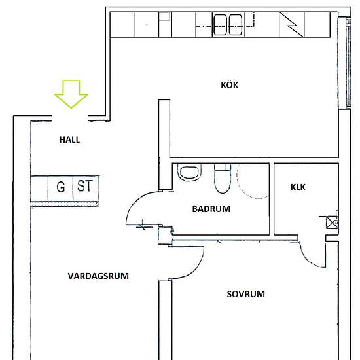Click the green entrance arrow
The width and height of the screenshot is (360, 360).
tap(71, 93)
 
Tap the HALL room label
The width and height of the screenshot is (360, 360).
tap(70, 139)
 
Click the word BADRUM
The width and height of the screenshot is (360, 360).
tap(211, 209)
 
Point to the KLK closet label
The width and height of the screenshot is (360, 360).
tap(298, 187)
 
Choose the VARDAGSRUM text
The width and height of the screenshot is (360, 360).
tap(98, 276)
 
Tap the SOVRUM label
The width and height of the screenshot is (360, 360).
tap(245, 294)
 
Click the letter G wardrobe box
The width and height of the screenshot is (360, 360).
tap(61, 187)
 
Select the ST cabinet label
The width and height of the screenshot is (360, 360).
tap(84, 187)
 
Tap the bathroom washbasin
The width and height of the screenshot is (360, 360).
tap(189, 173)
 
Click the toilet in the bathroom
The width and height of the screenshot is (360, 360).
tap(221, 178)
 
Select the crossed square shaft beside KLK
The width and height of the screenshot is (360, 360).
tap(331, 222)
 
